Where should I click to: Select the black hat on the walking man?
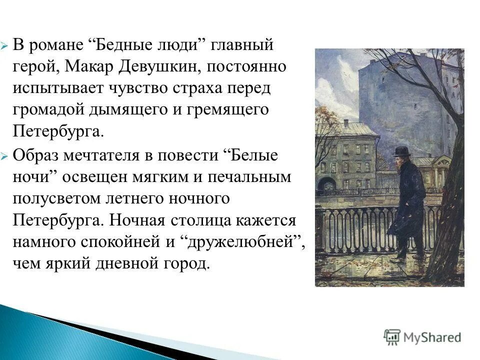point(400,151)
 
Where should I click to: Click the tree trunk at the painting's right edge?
point(447,210)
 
